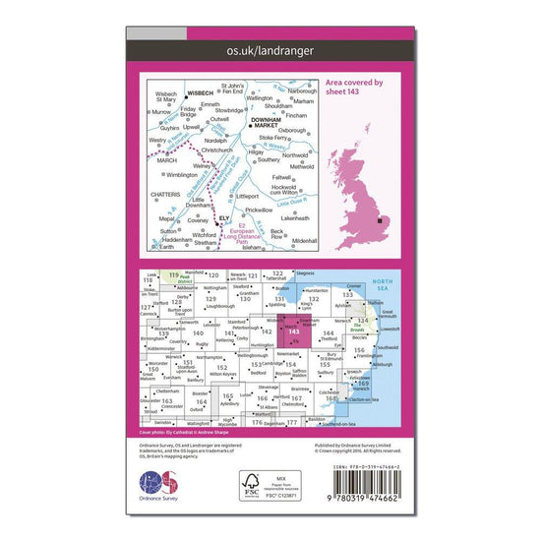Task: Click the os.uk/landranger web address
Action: tap(270, 48)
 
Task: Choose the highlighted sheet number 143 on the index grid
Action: tap(295, 331)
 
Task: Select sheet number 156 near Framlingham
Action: tap(361, 350)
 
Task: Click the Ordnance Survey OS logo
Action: tap(158, 486)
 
